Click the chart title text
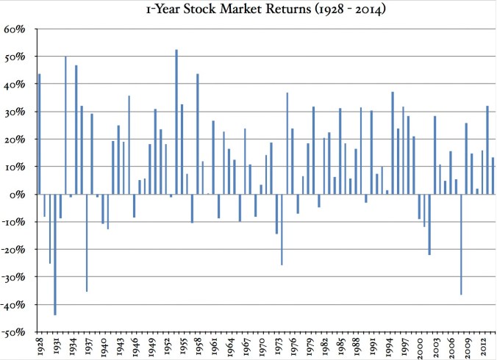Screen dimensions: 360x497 [248, 10]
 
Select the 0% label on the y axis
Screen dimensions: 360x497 [18, 195]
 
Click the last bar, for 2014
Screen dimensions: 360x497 [493, 176]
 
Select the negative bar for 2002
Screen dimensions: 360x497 [429, 224]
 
